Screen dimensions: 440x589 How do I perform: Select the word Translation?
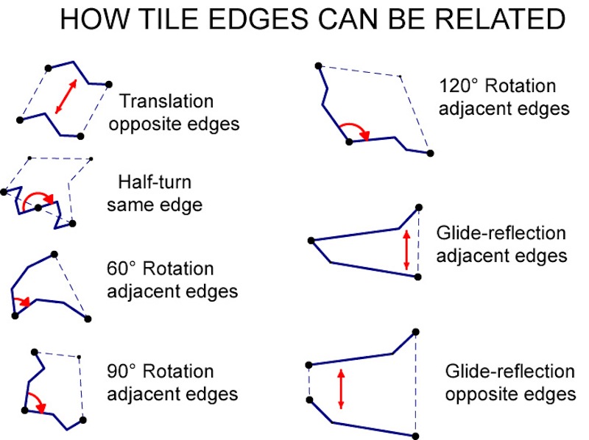coord(166,101)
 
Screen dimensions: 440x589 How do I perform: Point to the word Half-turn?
coord(155,181)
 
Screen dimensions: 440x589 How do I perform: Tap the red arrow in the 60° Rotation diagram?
coord(23,300)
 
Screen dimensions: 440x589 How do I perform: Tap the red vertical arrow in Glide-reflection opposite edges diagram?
coord(341,388)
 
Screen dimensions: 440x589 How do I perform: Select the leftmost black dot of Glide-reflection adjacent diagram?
coord(311,241)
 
